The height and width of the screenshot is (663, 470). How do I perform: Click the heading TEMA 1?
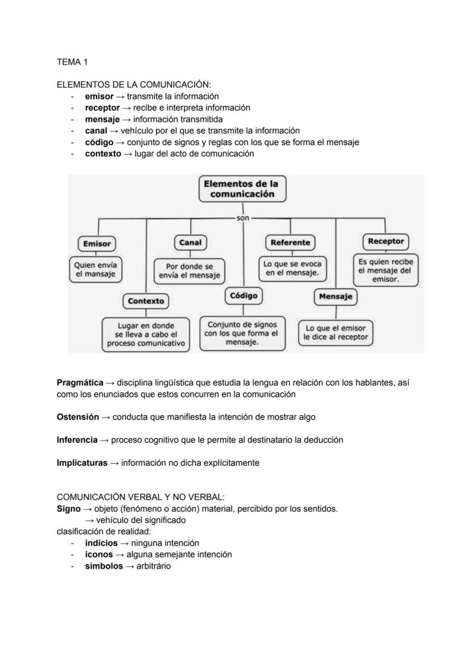click(72, 61)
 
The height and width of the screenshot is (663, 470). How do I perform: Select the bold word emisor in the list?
click(99, 96)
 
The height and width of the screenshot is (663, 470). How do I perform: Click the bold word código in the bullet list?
click(99, 142)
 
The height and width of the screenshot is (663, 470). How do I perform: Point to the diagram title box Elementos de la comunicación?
click(242, 189)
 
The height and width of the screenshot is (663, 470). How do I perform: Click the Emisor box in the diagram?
click(96, 243)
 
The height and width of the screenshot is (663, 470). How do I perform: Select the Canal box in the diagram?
click(190, 242)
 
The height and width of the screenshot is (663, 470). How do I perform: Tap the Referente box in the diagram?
click(290, 242)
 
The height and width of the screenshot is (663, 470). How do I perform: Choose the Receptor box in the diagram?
click(385, 241)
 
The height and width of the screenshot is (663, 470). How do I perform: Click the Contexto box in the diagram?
click(146, 301)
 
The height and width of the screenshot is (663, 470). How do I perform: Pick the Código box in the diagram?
click(244, 295)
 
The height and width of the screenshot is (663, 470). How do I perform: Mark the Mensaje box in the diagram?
click(335, 296)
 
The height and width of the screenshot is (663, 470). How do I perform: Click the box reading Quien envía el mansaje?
click(95, 269)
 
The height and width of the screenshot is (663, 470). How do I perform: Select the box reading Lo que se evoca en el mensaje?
click(292, 269)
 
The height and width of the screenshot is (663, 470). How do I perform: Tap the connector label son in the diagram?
click(242, 218)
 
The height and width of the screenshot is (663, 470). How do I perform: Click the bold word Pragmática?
click(80, 383)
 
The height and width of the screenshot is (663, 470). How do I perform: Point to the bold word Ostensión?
click(78, 417)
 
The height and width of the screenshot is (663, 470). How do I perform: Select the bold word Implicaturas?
click(82, 463)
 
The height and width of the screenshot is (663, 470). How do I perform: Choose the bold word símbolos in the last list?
click(103, 566)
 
